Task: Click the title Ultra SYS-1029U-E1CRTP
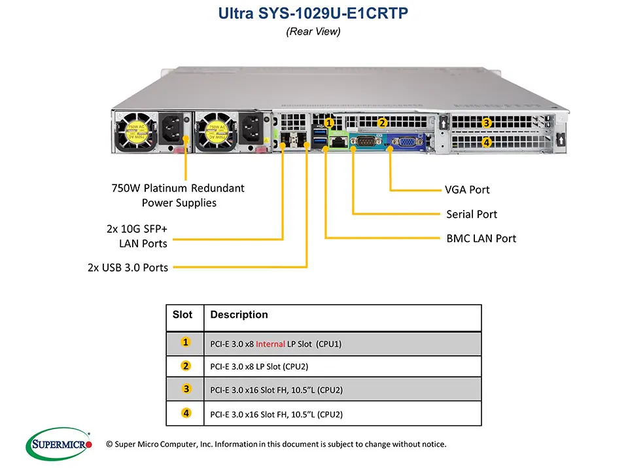coord(313,13)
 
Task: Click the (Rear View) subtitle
coord(313,31)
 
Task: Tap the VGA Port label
coord(467,190)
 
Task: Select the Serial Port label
coord(471,214)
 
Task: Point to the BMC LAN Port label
coord(481,238)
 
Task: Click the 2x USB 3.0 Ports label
coord(127,267)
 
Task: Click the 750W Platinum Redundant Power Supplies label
coord(178,195)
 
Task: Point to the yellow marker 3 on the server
coord(487,122)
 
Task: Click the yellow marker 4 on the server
coord(487,141)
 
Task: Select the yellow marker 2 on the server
coord(383,122)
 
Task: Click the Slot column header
coord(183,315)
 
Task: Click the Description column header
coord(239,315)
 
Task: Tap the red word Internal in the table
coord(270,343)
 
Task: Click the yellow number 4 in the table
coord(186,413)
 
